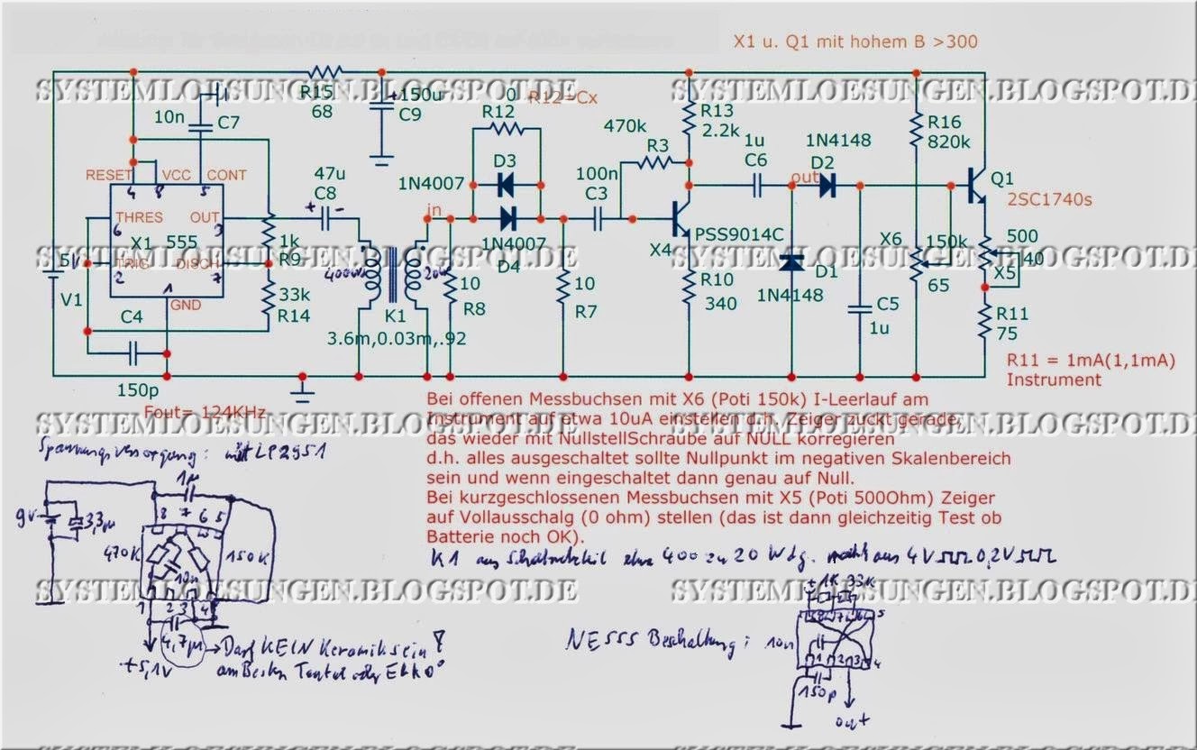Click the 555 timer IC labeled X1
167,239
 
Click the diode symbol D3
506,186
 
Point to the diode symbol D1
792,262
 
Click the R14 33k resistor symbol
268,297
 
